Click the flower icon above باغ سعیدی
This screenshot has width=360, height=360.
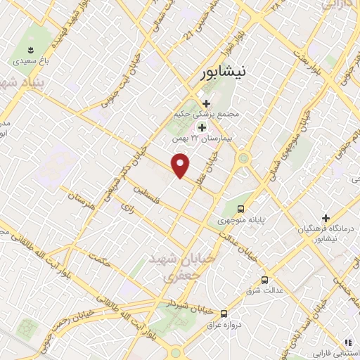(x=31, y=49)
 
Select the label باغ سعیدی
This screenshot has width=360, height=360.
(x=31, y=62)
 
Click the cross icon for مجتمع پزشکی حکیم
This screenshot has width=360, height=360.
(x=205, y=104)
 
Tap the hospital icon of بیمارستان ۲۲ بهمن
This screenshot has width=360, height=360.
(x=202, y=127)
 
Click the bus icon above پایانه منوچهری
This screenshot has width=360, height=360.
(x=241, y=209)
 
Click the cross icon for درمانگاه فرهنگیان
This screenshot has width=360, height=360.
(x=326, y=218)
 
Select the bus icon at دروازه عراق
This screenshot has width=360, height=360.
(x=224, y=314)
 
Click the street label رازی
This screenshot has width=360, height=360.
(x=127, y=208)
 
